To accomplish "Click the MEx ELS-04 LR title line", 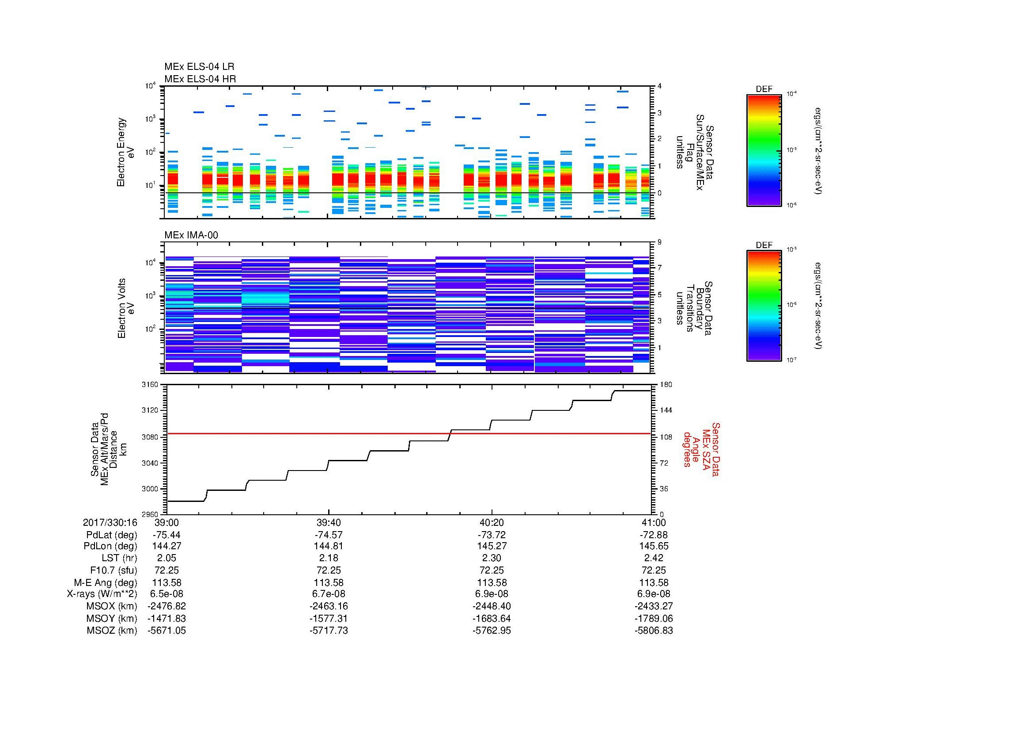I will [199, 67].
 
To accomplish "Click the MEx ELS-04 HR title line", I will [200, 79].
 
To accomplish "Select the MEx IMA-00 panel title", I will [191, 235].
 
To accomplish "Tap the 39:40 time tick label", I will [329, 522].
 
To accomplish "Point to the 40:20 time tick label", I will [492, 522].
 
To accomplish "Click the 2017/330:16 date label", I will [110, 522].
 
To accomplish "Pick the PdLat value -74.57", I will [329, 535].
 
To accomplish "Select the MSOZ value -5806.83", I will [654, 631].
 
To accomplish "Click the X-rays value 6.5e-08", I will [166, 594].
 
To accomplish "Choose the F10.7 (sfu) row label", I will [114, 570].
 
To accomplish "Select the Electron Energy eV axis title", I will [125, 152].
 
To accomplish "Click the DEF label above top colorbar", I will [764, 89].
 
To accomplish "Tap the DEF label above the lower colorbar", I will [764, 245].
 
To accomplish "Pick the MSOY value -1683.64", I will [492, 618].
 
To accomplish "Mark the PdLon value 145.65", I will [654, 546].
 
